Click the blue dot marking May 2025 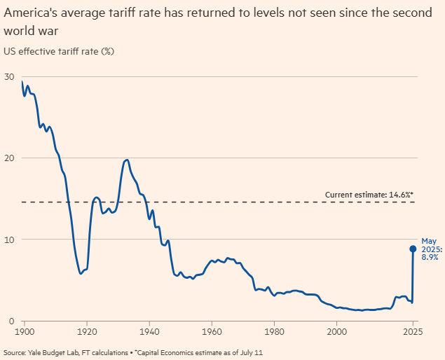413,248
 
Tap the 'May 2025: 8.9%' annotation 429,249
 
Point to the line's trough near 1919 81,273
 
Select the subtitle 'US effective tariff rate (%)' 59,51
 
